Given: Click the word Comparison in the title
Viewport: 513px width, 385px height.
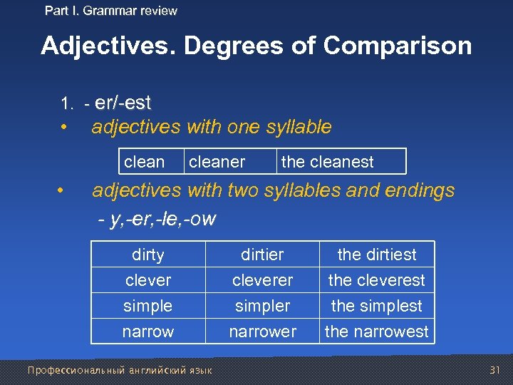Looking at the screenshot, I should (398, 46).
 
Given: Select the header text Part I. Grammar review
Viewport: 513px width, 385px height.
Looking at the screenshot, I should (111, 11).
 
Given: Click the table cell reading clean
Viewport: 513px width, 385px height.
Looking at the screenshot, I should (144, 162).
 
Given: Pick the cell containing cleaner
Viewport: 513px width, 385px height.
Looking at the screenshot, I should (217, 162).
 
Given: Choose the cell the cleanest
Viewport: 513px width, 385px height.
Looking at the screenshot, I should (327, 162).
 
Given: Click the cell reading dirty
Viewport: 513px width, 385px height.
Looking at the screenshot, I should (148, 255).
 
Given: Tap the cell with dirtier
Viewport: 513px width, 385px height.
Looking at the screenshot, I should (262, 255).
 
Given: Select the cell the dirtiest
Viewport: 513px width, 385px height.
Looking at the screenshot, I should (376, 255).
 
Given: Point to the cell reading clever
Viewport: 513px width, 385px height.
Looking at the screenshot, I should (148, 280).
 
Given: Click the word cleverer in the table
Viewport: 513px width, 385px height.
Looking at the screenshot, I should (262, 280).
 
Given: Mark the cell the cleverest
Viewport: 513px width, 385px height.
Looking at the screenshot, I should (376, 280).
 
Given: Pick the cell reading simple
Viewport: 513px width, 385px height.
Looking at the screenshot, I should (148, 306).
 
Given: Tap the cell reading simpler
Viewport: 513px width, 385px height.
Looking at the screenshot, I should (262, 306).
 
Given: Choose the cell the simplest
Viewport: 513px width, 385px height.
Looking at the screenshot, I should (376, 306).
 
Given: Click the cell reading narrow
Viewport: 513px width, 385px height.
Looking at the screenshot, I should (148, 332).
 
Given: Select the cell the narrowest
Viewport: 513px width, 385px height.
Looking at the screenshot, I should (376, 332).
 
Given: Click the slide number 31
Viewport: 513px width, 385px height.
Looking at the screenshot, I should (496, 370).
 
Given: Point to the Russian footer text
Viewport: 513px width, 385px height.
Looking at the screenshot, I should (120, 370).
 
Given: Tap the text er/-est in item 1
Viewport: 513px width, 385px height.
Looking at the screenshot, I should (123, 103).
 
